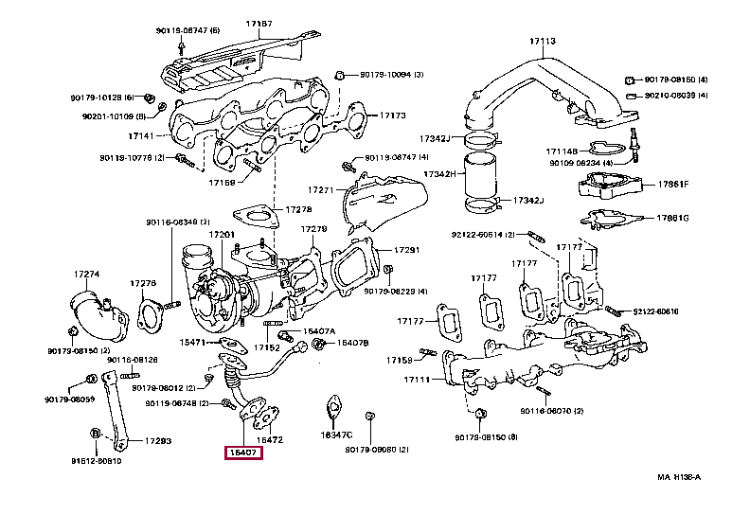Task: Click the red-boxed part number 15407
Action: coord(242,453)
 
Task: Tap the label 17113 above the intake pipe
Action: coord(542,42)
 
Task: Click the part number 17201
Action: coord(222,234)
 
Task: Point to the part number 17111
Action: coord(418,380)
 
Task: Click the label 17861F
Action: coord(673,184)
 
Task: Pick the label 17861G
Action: coord(673,219)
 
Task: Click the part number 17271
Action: coord(322,190)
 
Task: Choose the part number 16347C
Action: coord(336,435)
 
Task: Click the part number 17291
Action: coord(405,250)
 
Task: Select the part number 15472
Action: coord(271,439)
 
